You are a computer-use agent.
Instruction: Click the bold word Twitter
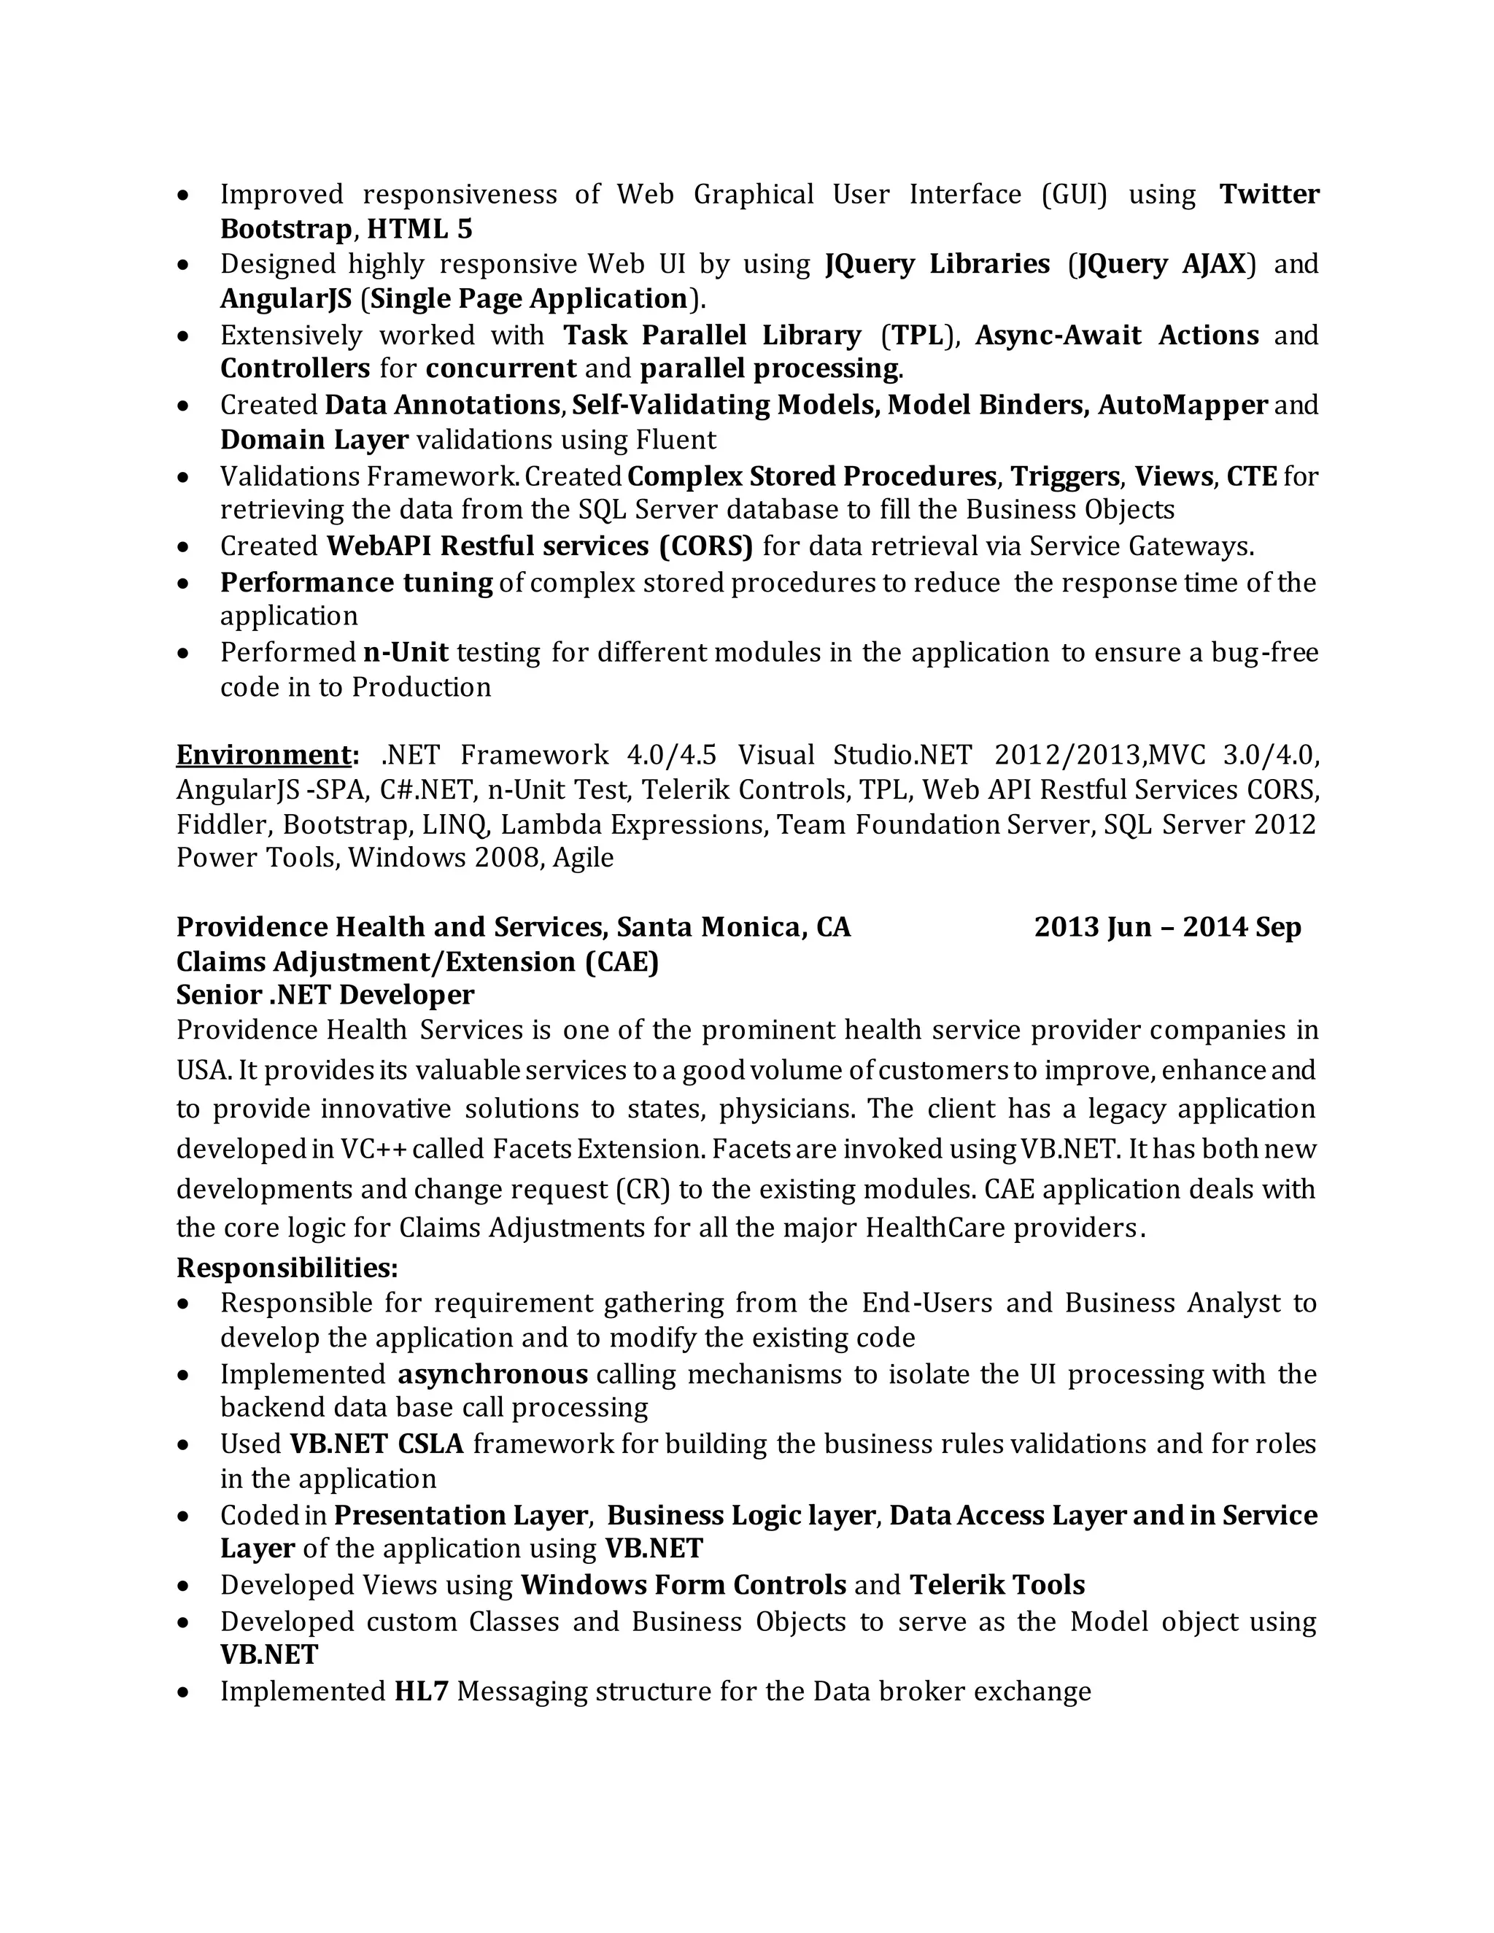pyautogui.click(x=1269, y=194)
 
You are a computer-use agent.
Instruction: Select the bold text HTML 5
pyautogui.click(x=419, y=229)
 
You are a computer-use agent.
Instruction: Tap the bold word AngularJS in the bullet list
pyautogui.click(x=285, y=298)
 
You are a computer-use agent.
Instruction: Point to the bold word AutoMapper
pyautogui.click(x=1183, y=405)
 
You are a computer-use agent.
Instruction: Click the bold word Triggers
pyautogui.click(x=1066, y=476)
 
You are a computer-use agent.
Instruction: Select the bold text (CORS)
pyautogui.click(x=705, y=546)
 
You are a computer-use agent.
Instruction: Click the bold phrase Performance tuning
pyautogui.click(x=356, y=582)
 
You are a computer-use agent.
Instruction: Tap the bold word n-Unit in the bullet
pyautogui.click(x=406, y=652)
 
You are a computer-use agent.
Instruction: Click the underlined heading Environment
pyautogui.click(x=264, y=755)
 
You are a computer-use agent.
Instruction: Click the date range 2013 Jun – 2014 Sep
pyautogui.click(x=1166, y=926)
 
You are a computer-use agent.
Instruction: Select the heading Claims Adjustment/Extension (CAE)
pyautogui.click(x=417, y=961)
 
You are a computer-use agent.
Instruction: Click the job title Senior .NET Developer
pyautogui.click(x=325, y=995)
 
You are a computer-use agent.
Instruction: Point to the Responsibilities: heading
pyautogui.click(x=287, y=1268)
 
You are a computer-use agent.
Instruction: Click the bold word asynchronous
pyautogui.click(x=492, y=1374)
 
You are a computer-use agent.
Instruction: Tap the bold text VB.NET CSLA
pyautogui.click(x=376, y=1444)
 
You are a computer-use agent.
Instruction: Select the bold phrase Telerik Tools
pyautogui.click(x=996, y=1584)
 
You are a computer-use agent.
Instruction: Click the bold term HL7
pyautogui.click(x=422, y=1691)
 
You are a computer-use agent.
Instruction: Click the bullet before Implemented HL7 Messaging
pyautogui.click(x=182, y=1692)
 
